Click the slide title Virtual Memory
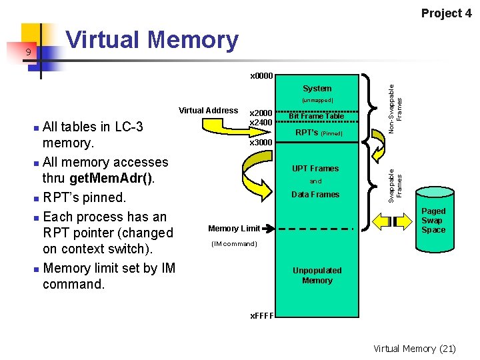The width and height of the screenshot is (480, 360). (x=152, y=41)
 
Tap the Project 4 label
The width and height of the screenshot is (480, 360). (x=446, y=13)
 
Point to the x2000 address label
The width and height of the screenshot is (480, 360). (x=260, y=114)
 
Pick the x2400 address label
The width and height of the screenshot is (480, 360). (x=260, y=123)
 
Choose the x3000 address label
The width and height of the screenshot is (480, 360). (x=261, y=142)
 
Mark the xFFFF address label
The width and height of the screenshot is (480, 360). (x=261, y=315)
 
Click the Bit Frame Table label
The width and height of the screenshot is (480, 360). (x=316, y=116)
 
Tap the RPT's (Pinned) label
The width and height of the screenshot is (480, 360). (x=318, y=133)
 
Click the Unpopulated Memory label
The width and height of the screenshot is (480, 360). (x=317, y=275)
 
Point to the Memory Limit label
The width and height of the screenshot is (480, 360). (x=234, y=228)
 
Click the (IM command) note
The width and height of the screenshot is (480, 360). (x=233, y=243)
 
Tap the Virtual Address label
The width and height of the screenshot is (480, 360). (x=208, y=110)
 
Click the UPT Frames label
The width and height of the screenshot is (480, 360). (x=315, y=169)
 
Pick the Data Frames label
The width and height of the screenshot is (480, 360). (x=315, y=195)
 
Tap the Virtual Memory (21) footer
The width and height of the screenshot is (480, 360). (x=415, y=348)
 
